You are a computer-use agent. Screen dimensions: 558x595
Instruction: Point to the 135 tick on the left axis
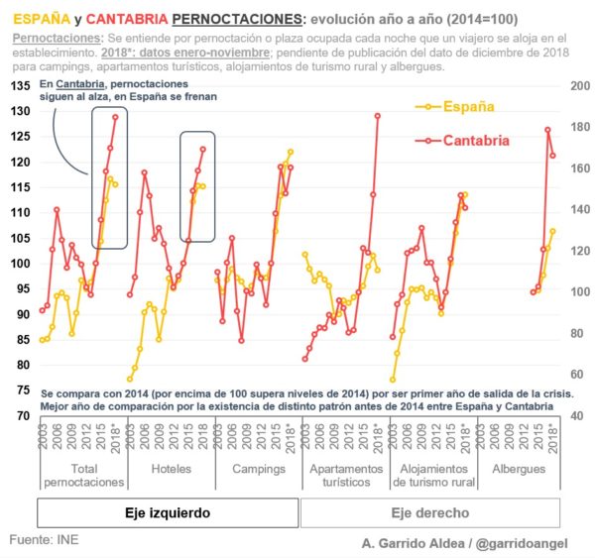[19, 86]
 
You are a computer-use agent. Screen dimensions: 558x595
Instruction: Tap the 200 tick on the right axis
[576, 86]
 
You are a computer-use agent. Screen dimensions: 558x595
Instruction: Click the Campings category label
[255, 468]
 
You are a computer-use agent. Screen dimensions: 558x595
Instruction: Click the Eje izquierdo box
[168, 512]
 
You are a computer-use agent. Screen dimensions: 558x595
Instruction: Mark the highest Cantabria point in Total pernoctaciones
[115, 117]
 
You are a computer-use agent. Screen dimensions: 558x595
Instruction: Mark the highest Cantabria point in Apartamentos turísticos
[377, 116]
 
